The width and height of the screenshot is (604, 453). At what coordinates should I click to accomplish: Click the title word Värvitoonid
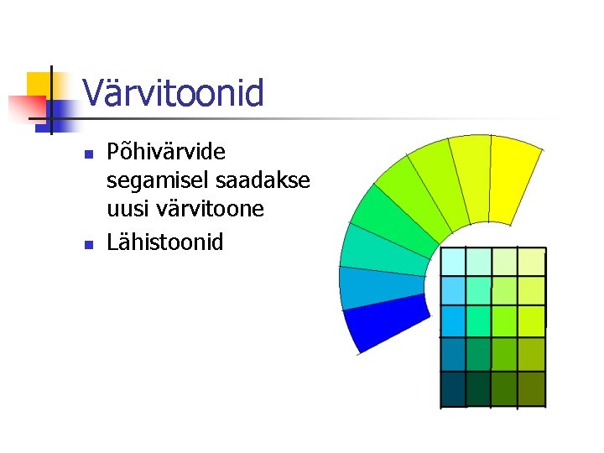173,93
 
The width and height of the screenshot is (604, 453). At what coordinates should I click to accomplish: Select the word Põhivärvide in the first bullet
166,153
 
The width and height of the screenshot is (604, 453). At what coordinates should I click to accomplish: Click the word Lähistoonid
165,242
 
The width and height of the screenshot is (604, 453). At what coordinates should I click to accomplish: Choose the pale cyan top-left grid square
453,262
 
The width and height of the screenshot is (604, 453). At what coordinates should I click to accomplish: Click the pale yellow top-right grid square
531,262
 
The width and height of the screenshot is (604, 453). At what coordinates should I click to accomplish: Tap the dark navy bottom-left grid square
453,388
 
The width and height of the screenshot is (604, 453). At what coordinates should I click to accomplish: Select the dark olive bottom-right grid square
531,388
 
